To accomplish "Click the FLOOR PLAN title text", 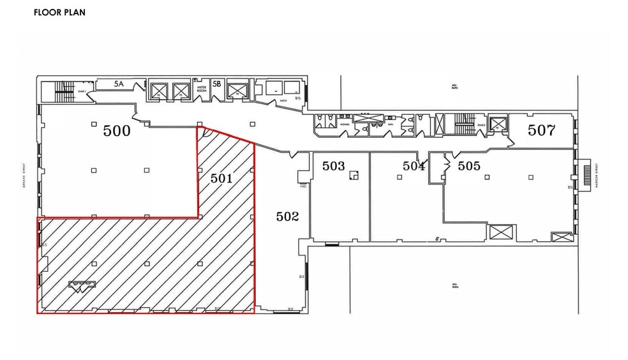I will click(x=59, y=12).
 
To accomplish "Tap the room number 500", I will click(x=117, y=131).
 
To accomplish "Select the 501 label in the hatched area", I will click(x=221, y=178).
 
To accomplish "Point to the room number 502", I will click(x=287, y=216).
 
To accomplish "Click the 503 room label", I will click(x=333, y=166).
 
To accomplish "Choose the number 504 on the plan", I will click(x=414, y=166).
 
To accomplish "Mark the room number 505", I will click(x=469, y=166).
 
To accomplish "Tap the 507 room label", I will click(x=541, y=131).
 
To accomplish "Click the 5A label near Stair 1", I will click(x=119, y=84).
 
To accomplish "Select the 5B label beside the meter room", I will click(x=217, y=84).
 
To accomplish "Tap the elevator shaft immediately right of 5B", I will click(x=237, y=91).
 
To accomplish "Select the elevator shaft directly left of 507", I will click(x=498, y=124).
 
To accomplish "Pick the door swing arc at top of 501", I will click(x=206, y=133).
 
